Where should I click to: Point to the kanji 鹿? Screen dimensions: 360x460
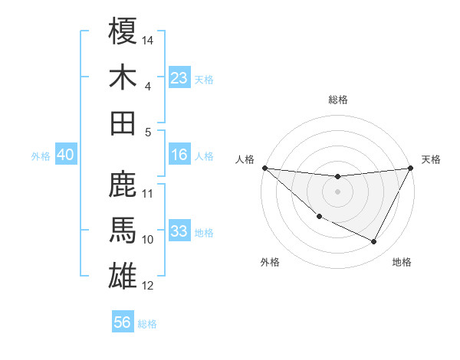(x=123, y=185)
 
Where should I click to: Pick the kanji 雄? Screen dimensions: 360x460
(x=123, y=277)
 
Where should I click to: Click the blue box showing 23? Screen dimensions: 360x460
(x=179, y=78)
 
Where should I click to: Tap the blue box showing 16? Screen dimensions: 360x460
(x=179, y=155)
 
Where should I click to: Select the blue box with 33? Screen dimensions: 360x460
(x=179, y=231)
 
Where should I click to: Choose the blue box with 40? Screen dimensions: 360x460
(x=65, y=155)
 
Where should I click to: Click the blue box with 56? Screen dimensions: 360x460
(x=122, y=322)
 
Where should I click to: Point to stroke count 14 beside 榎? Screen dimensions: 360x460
(x=148, y=39)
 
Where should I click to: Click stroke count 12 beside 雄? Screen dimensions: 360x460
(x=148, y=286)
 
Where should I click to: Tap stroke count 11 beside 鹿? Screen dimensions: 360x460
(x=148, y=193)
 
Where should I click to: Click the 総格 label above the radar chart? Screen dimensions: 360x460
(x=338, y=100)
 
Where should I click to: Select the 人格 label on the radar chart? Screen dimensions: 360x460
(x=245, y=159)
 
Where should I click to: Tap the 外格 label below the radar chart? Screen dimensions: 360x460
(x=269, y=262)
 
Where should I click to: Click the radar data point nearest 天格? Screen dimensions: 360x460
(x=411, y=169)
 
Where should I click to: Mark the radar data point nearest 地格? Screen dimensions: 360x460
(x=374, y=242)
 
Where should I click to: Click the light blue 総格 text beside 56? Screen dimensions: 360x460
(x=147, y=324)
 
